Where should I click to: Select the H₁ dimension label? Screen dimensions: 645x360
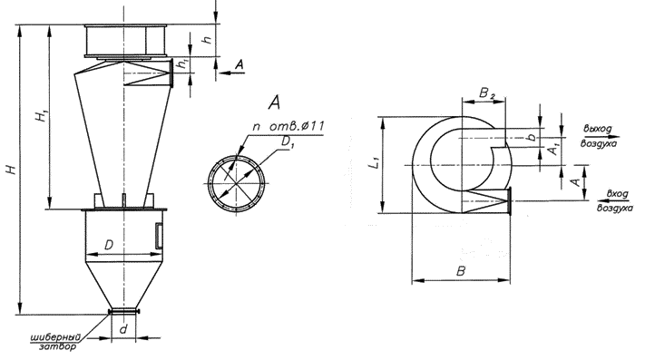point(42,116)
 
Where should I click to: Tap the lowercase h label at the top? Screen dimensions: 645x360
point(208,39)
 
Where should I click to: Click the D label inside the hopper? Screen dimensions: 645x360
point(109,246)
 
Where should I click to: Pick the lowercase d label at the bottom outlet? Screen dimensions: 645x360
point(123,329)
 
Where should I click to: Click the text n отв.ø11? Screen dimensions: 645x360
point(288,126)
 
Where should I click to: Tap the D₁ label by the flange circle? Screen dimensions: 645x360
point(288,142)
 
